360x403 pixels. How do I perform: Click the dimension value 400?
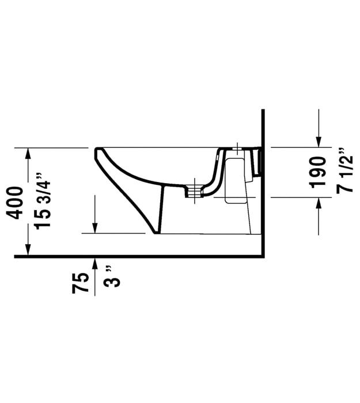click(x=16, y=203)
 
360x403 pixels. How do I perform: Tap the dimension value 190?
click(x=319, y=173)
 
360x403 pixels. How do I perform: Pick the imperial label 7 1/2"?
click(x=344, y=170)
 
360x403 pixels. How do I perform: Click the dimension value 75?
click(x=80, y=283)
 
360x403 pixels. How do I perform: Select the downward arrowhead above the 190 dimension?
click(x=319, y=142)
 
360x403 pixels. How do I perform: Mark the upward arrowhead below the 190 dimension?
click(x=319, y=203)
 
